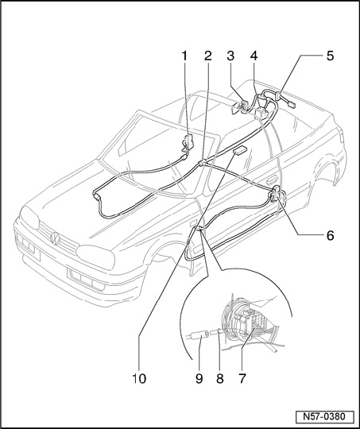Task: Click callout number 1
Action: click(x=185, y=56)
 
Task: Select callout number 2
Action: click(x=207, y=56)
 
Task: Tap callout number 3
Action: click(x=230, y=56)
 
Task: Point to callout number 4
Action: click(x=254, y=56)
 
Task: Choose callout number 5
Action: click(x=330, y=56)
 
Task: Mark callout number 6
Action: click(x=330, y=235)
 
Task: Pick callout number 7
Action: click(x=242, y=379)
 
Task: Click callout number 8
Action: click(x=220, y=379)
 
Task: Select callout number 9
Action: click(x=199, y=379)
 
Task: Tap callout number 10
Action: click(x=139, y=379)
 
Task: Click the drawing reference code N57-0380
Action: click(x=324, y=417)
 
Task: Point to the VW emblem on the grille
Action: click(x=56, y=238)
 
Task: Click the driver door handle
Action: click(x=272, y=181)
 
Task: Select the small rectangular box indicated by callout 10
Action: click(x=240, y=151)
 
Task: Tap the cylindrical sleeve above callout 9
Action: click(x=198, y=335)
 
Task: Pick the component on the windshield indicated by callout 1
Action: click(x=188, y=141)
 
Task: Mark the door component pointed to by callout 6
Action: click(x=277, y=193)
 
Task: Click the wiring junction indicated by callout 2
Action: click(x=203, y=163)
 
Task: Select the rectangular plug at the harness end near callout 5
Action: click(x=291, y=104)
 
